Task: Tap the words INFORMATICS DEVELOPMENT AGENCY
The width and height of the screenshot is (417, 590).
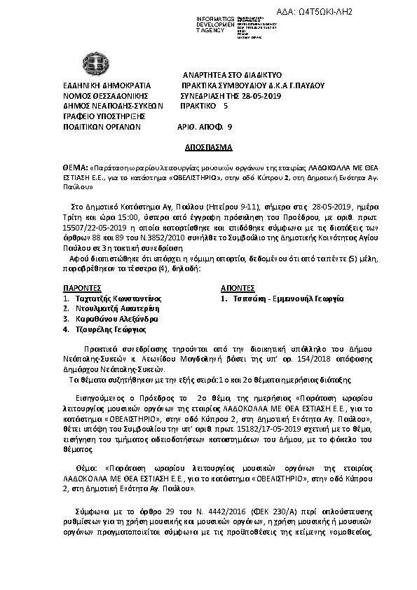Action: click(217, 23)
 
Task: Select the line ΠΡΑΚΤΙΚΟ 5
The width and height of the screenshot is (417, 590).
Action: click(203, 107)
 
